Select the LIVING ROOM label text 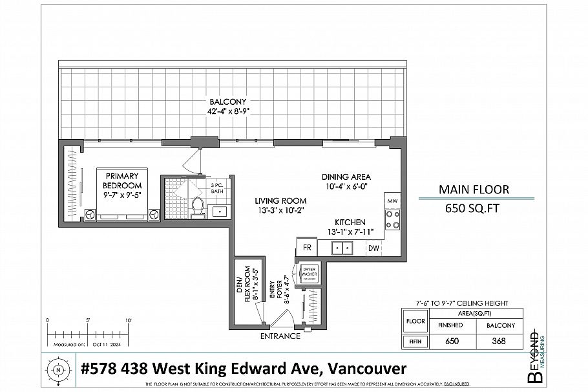(x=280, y=205)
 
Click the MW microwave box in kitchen (x=392, y=201)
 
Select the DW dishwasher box (x=373, y=247)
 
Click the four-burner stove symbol (x=392, y=219)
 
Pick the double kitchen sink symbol (x=341, y=247)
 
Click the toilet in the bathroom (x=198, y=206)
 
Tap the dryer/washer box (x=308, y=273)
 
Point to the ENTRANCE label (x=280, y=336)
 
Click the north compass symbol (x=58, y=371)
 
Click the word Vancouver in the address (x=367, y=369)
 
